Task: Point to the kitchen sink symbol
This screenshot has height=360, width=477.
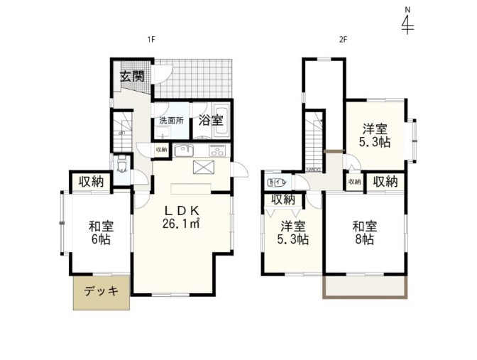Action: click(x=183, y=151)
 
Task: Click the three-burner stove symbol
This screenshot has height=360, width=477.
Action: click(x=215, y=151)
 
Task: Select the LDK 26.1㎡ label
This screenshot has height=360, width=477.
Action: click(x=182, y=217)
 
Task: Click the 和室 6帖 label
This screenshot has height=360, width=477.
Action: click(x=100, y=233)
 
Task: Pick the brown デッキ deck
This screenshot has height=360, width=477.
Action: click(x=102, y=292)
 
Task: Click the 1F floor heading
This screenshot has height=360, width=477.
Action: click(x=150, y=40)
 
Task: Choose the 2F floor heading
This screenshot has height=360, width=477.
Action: click(x=342, y=40)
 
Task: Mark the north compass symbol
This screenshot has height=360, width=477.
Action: click(x=407, y=23)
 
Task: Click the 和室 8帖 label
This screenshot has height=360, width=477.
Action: click(x=364, y=233)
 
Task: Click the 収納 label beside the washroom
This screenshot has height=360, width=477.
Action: click(x=162, y=150)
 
